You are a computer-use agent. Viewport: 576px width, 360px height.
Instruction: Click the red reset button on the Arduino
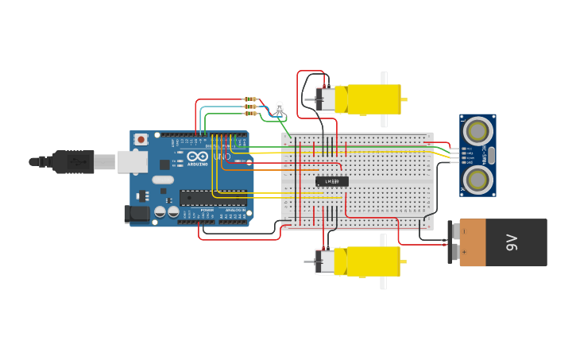tap(141, 140)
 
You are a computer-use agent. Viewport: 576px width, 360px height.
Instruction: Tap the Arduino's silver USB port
tap(131, 162)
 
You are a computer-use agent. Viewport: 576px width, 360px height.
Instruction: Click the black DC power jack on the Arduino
tap(137, 213)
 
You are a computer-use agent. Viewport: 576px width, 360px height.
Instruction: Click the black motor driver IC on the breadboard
tap(332, 181)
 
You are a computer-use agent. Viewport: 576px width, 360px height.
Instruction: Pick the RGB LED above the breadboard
tap(278, 107)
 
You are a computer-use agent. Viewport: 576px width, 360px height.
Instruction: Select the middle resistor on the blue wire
tap(250, 106)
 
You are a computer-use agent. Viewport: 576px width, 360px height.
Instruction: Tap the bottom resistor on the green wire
tap(250, 113)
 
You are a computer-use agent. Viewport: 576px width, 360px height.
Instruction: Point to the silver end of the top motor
tap(325, 99)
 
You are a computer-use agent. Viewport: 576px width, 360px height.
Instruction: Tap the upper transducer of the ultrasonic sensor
tap(477, 130)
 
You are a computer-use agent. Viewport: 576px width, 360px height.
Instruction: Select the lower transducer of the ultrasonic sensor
tap(477, 180)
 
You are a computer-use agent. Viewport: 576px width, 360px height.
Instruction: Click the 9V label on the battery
tap(512, 243)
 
